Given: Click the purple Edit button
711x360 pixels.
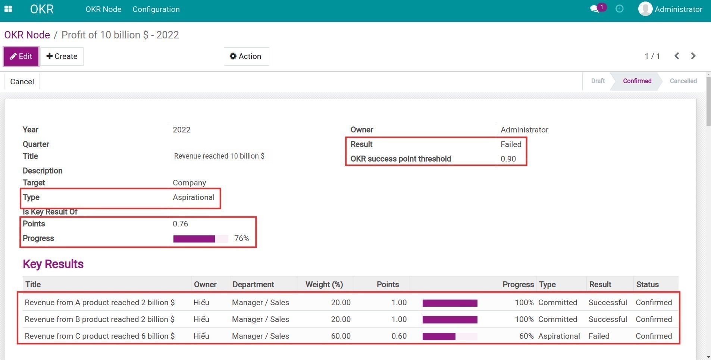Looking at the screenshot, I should pos(21,56).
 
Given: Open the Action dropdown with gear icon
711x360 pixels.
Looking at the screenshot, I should pos(246,56).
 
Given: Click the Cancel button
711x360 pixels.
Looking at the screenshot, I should pos(22,82).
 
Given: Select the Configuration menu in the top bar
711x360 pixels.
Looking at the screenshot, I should pos(156,9).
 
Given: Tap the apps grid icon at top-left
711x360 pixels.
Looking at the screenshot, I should pos(8,9).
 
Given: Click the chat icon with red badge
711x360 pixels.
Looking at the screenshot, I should pos(595,9).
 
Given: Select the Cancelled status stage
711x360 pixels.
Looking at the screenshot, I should pos(683,81).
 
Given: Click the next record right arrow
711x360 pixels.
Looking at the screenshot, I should pos(693,56).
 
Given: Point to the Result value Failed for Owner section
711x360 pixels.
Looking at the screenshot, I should pos(511,144).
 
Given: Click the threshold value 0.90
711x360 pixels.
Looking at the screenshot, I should pos(508,159).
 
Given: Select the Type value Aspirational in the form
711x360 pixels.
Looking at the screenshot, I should pos(193,197).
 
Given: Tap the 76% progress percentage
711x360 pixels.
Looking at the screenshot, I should pos(241,238).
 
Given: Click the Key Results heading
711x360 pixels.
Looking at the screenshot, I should pos(53,264).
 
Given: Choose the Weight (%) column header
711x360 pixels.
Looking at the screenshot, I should pos(324,285).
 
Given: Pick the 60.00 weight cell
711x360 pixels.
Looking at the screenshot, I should pos(341,336).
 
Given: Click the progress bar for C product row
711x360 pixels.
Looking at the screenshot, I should pos(450,336).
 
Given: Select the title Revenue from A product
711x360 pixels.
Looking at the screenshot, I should pos(100,303).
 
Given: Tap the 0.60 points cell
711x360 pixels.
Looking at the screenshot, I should pos(399,336).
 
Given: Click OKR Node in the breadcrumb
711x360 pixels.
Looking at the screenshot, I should pos(27,35).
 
